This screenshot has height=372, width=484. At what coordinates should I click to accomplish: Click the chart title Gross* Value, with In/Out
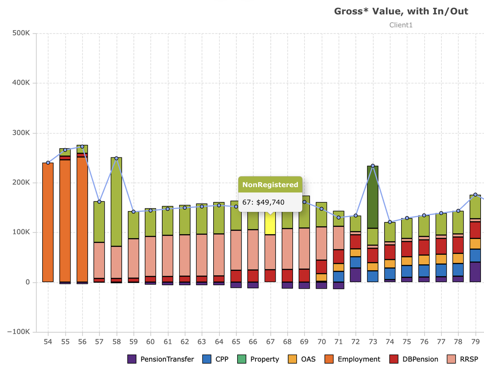[x=401, y=11]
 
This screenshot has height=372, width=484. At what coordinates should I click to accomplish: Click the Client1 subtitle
[x=401, y=25]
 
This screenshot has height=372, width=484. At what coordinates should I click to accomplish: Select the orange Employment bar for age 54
[x=48, y=222]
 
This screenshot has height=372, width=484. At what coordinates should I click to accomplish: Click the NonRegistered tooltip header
[x=270, y=184]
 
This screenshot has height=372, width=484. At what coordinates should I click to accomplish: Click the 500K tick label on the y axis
[x=21, y=33]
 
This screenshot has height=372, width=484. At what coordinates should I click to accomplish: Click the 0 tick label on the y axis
[x=27, y=283]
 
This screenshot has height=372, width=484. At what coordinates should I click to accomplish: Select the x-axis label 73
[x=373, y=341]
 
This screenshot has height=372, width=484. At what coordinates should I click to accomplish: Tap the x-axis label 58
[x=116, y=341]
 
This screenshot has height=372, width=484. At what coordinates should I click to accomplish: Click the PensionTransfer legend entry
[x=160, y=359]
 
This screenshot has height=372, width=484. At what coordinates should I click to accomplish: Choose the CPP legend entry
[x=215, y=359]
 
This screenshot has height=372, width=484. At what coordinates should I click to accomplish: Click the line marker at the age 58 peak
[x=116, y=158]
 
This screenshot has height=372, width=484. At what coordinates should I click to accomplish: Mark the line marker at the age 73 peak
[x=373, y=166]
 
